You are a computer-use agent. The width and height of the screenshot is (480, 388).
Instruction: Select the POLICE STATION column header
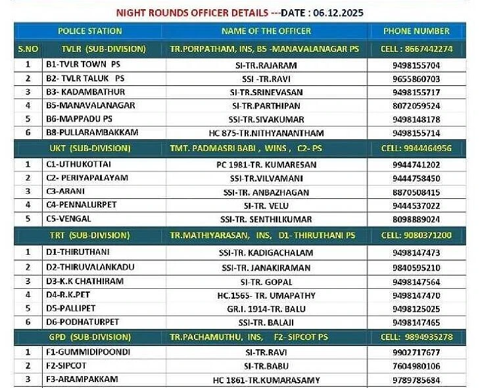(x=90, y=31)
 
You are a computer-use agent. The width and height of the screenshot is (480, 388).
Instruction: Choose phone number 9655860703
(x=416, y=79)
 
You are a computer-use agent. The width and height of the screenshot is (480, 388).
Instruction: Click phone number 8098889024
(x=416, y=219)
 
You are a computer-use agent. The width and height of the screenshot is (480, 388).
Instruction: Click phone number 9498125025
(x=416, y=309)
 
